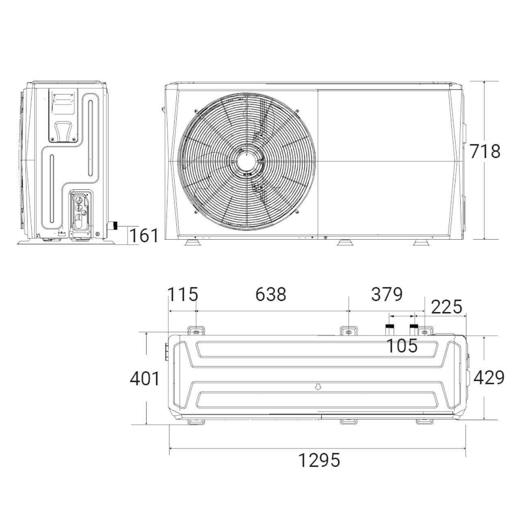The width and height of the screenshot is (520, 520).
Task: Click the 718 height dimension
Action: tap(485, 152)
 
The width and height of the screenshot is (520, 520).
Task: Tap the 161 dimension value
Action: tap(144, 235)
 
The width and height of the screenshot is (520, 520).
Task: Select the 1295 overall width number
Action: tap(319, 460)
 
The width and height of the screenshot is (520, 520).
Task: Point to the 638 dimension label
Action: tap(271, 294)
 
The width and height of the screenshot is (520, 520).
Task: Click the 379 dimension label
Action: tap(387, 294)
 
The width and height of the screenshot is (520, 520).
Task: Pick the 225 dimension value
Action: tap(446, 307)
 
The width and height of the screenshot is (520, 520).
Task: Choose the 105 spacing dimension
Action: tap(402, 346)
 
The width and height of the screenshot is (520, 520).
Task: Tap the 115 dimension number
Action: tap(183, 294)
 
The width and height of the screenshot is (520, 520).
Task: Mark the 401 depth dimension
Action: tap(145, 379)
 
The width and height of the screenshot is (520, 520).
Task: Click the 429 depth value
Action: tap(489, 377)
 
